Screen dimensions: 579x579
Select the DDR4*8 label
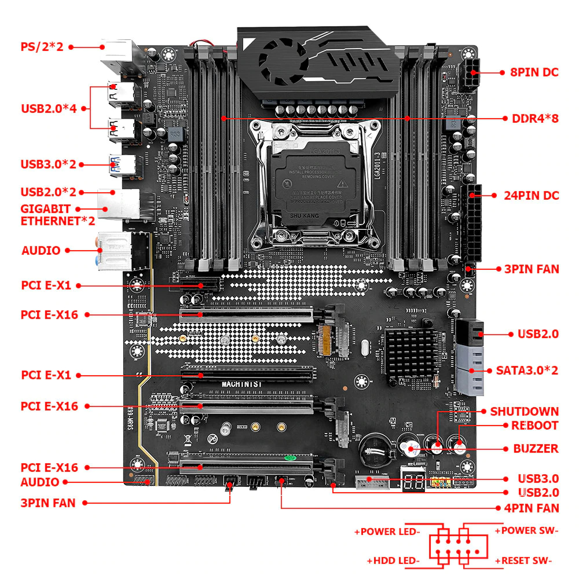[535, 119]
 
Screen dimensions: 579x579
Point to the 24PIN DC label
[531, 196]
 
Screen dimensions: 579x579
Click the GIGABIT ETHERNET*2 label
[46, 214]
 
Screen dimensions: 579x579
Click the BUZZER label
[536, 449]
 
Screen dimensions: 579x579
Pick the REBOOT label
[534, 426]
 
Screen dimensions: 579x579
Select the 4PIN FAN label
[531, 508]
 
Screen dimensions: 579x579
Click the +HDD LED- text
[393, 560]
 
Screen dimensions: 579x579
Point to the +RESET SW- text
[523, 560]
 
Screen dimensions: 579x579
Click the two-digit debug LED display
[412, 483]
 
